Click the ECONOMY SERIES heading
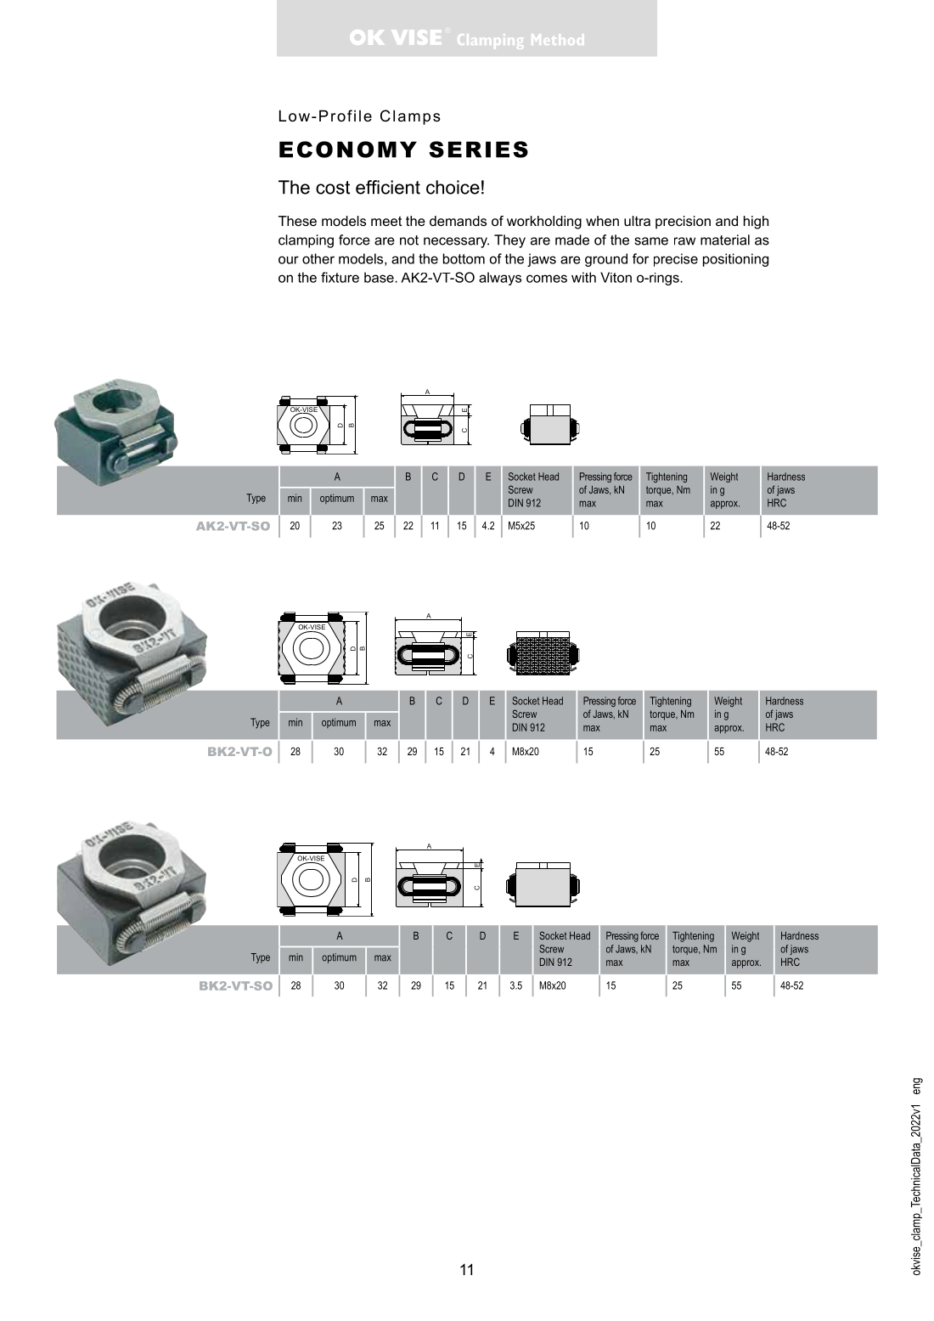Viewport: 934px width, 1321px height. click(x=403, y=150)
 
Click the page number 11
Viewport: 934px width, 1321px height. click(x=467, y=1270)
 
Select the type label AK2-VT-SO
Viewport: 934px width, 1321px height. click(x=233, y=526)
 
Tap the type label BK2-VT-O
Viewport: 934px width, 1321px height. click(x=239, y=752)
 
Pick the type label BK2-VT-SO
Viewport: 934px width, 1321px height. click(x=235, y=986)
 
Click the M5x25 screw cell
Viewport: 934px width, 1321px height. click(x=521, y=526)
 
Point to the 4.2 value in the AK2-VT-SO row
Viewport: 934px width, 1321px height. click(x=487, y=526)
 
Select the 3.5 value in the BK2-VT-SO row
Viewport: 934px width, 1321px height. click(x=515, y=986)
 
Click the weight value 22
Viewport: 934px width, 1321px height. click(x=715, y=526)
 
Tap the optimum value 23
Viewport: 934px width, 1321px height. click(x=337, y=526)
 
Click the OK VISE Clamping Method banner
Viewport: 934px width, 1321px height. click(x=466, y=39)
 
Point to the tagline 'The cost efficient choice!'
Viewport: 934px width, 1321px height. click(x=381, y=188)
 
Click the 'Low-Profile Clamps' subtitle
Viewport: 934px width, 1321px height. click(x=359, y=116)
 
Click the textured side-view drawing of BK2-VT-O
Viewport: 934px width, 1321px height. click(x=543, y=652)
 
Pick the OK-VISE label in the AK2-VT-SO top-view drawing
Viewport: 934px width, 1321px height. click(x=303, y=409)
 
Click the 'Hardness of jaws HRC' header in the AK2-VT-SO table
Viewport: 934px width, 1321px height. click(x=785, y=490)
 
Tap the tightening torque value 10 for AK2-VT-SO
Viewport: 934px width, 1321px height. click(x=650, y=526)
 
